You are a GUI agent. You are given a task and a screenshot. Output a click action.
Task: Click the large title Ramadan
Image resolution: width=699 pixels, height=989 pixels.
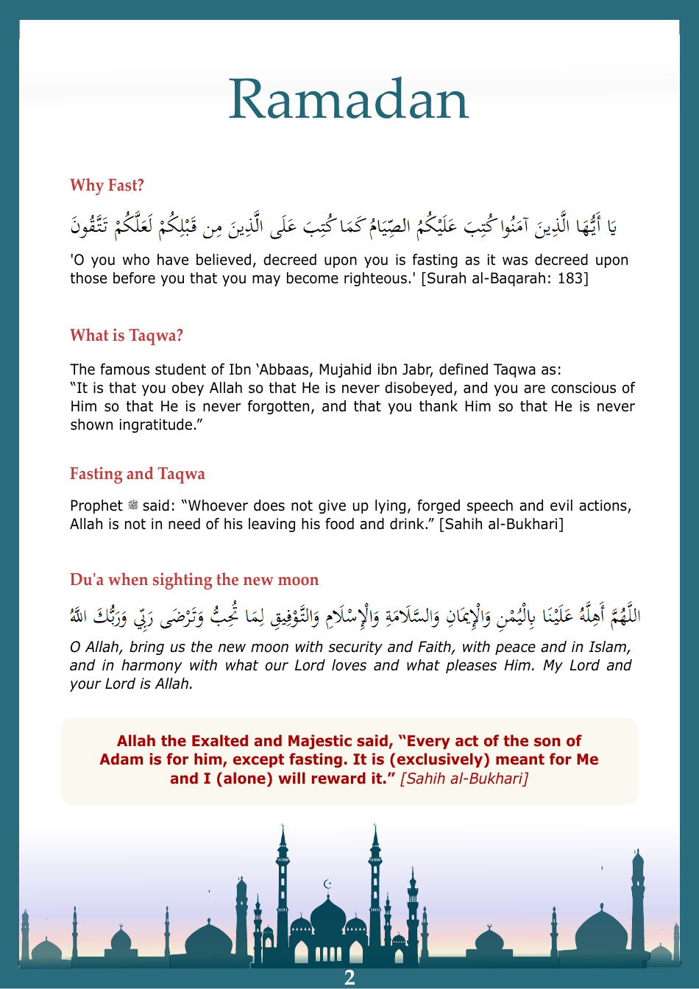click(349, 99)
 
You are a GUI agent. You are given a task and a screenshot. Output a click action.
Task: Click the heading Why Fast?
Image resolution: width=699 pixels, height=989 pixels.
click(107, 185)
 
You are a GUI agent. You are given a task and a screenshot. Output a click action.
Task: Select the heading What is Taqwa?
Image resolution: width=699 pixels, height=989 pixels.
click(126, 336)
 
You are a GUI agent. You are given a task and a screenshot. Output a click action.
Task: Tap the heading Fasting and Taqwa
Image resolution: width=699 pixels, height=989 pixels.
click(137, 474)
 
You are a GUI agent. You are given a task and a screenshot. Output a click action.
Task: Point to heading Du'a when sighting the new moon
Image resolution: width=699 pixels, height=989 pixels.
click(194, 580)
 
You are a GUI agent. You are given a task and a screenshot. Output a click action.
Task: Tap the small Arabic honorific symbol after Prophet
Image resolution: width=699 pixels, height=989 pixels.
click(133, 506)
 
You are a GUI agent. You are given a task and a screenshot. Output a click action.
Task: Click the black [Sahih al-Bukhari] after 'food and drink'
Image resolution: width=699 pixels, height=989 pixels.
click(501, 524)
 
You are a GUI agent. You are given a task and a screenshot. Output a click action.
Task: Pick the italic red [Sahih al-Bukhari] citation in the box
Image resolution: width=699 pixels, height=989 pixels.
click(464, 779)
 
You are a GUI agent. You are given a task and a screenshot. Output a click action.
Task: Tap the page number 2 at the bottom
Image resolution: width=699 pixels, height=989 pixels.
click(349, 977)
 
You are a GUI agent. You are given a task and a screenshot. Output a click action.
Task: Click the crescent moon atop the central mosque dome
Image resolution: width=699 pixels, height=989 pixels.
click(328, 884)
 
